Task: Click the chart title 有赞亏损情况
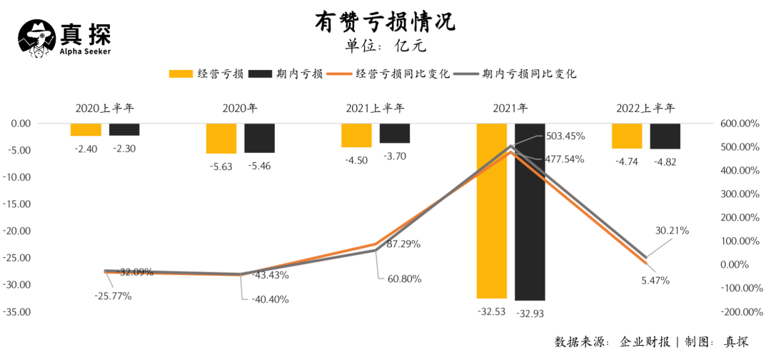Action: [385, 22]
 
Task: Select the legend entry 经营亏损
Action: [208, 74]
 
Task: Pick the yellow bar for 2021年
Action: [491, 211]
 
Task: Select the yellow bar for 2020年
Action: [221, 139]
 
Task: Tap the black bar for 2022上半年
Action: [665, 136]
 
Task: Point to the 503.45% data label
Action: [565, 136]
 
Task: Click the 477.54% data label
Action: [565, 159]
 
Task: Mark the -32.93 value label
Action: [530, 313]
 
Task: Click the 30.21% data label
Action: [672, 231]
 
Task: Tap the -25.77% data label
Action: [113, 296]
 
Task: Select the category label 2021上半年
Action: [375, 109]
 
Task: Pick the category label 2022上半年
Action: [645, 109]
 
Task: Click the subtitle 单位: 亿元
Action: [385, 46]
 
